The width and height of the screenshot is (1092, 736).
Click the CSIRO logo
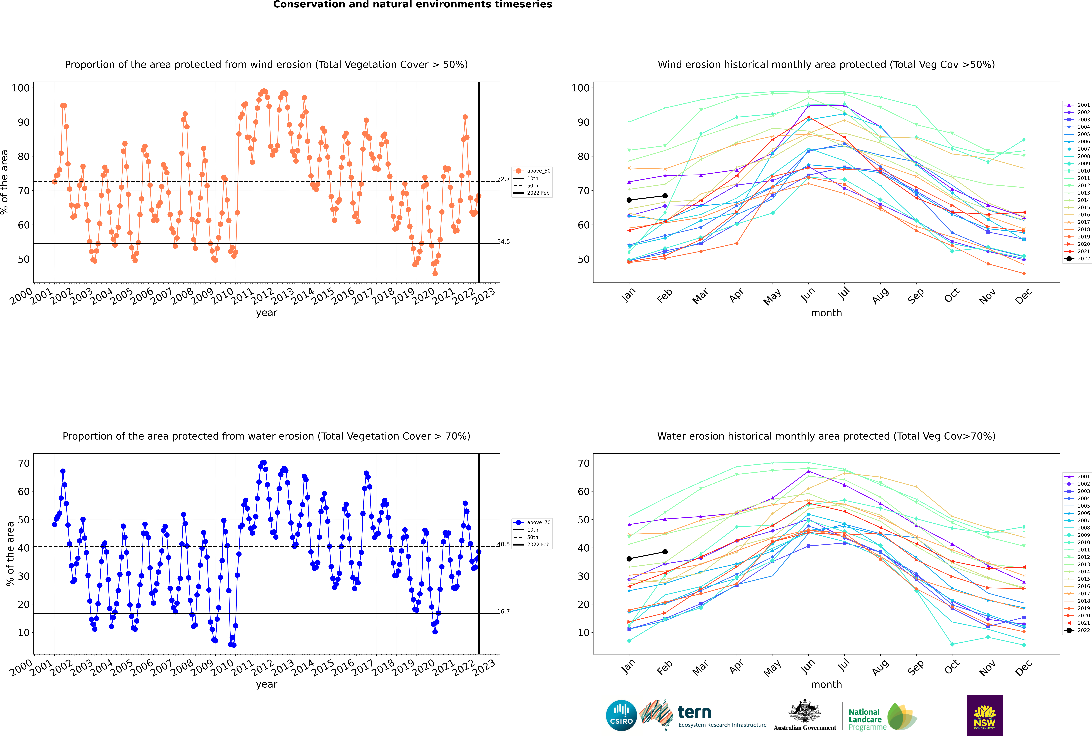[x=621, y=716]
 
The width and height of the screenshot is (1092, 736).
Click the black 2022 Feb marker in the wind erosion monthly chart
[x=665, y=196]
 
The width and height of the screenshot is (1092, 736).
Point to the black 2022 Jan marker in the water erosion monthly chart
[x=629, y=559]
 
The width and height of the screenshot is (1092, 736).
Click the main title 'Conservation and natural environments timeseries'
[x=413, y=5]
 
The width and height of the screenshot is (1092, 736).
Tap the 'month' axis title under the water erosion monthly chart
[x=826, y=684]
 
